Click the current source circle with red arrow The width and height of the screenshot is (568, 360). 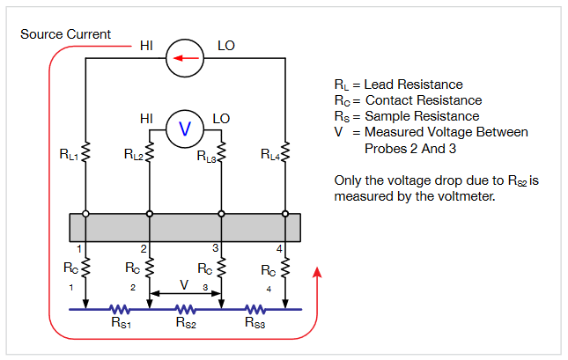tap(185, 59)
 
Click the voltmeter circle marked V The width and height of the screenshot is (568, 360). tap(185, 129)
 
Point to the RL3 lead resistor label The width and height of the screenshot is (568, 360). tap(204, 155)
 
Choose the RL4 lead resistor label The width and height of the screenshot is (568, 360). tap(270, 155)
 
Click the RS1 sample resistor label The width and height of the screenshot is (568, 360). tap(121, 324)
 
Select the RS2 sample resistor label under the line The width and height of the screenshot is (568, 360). tap(185, 324)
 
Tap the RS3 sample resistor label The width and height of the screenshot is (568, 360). tap(255, 324)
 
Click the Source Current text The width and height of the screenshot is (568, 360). tap(65, 34)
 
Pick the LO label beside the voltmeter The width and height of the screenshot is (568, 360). tap(221, 118)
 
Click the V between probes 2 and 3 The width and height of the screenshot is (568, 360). tap(185, 285)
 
